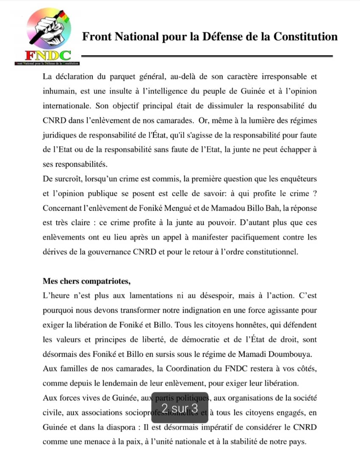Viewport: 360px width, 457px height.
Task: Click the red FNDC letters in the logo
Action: [47, 55]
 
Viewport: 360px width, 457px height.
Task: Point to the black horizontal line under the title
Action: [207, 56]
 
